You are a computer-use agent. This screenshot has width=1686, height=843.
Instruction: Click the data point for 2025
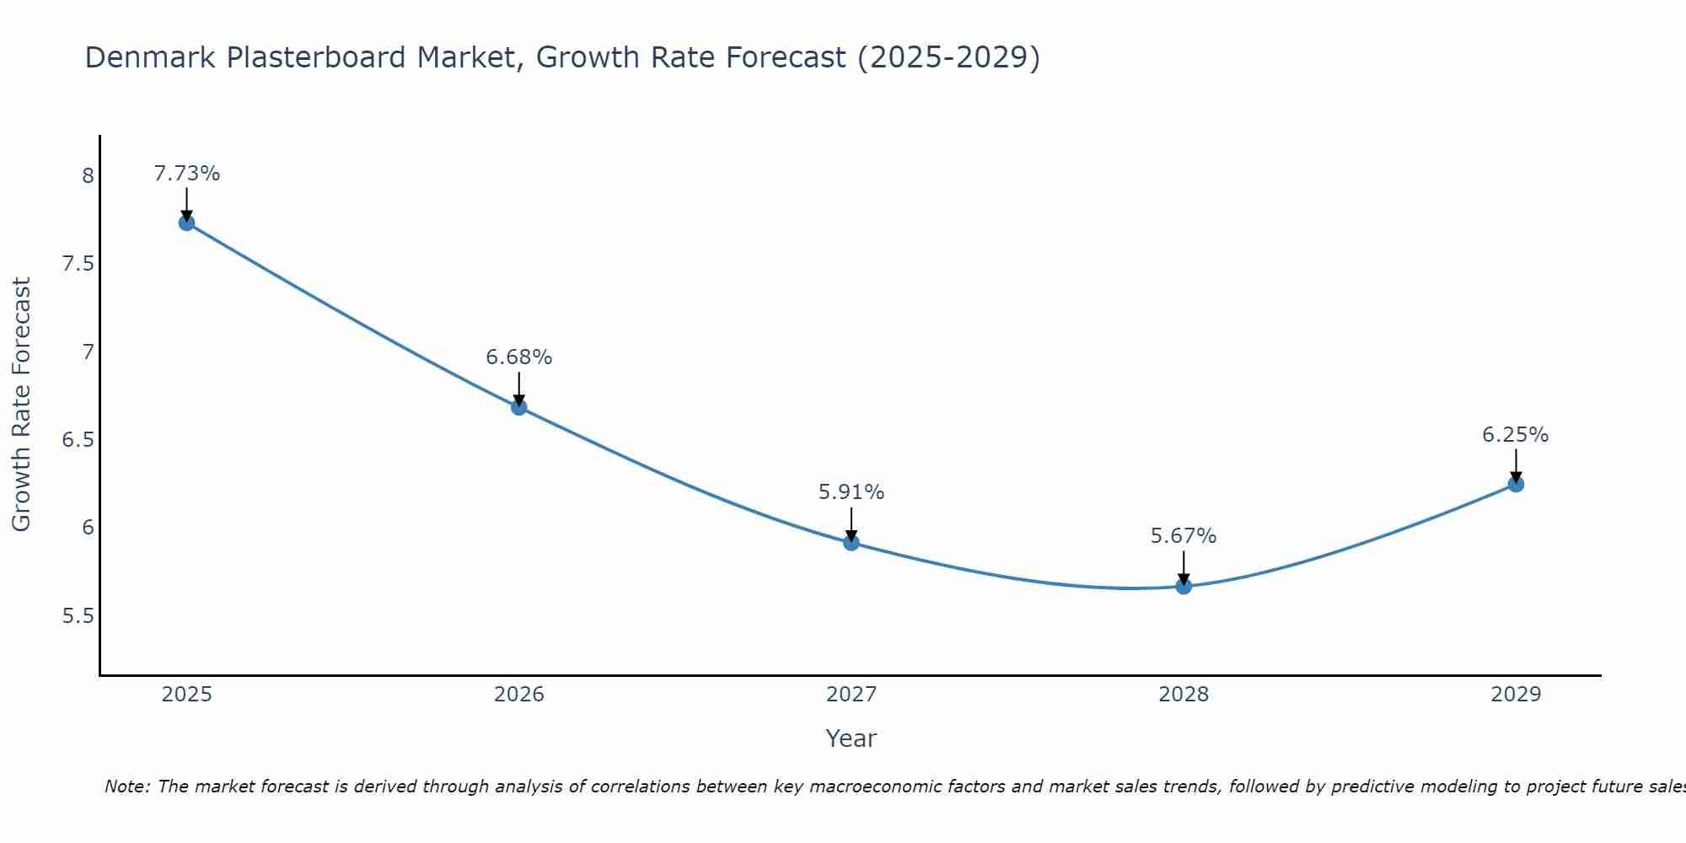pos(187,223)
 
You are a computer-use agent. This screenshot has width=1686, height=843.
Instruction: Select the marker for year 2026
pos(519,407)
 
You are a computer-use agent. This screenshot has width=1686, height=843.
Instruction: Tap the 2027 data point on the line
pos(851,543)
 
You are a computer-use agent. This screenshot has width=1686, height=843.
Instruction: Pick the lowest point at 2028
pos(1184,586)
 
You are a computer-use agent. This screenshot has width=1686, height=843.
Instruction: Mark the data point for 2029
pos(1516,484)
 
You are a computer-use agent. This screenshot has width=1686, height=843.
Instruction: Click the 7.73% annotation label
pos(187,174)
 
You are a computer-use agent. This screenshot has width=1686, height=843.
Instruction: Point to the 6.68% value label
pos(519,357)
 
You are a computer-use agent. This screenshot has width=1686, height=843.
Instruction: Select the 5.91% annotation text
pos(851,492)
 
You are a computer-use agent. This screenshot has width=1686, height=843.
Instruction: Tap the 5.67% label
pos(1184,536)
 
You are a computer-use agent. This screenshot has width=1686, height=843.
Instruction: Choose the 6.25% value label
pos(1516,435)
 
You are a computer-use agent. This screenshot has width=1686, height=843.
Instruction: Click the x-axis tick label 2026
pos(519,695)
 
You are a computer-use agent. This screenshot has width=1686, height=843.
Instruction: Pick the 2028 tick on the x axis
pos(1184,695)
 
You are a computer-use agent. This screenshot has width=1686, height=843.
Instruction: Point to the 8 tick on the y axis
pos(88,176)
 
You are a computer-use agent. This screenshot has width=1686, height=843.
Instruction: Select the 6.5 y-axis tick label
pos(78,440)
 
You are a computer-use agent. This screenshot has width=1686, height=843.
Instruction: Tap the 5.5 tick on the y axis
pos(78,616)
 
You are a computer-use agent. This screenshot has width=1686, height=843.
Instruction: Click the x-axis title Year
pos(851,738)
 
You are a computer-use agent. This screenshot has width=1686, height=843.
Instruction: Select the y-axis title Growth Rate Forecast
pos(21,405)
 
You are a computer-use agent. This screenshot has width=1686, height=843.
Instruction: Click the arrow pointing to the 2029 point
pos(1516,465)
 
